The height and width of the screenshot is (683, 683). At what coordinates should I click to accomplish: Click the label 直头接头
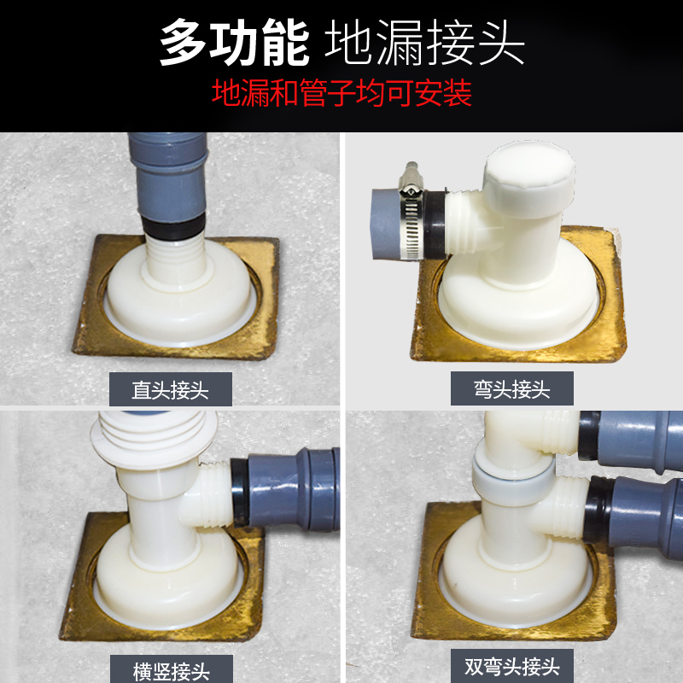tap(170, 390)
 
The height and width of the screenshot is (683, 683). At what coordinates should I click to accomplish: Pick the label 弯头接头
tap(511, 390)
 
